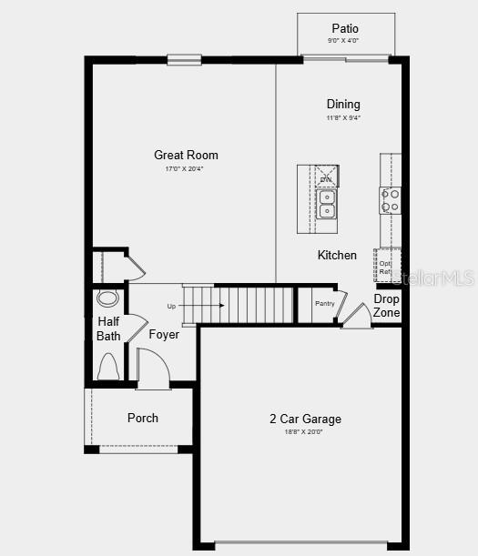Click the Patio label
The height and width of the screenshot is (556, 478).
click(345, 28)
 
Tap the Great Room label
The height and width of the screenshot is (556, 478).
click(186, 155)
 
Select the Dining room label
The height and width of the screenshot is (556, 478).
click(343, 104)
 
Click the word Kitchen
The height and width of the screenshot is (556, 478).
click(337, 255)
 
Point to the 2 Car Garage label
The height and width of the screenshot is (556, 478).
click(305, 419)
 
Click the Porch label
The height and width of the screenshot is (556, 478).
click(142, 418)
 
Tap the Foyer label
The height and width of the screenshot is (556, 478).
click(164, 334)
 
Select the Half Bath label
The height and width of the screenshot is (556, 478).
click(108, 329)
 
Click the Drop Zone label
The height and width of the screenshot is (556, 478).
click(386, 306)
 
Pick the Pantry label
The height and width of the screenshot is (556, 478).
click(325, 303)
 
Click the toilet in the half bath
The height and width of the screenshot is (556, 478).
click(107, 366)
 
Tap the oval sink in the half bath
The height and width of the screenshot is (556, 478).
click(107, 298)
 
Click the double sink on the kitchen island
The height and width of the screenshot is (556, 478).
click(326, 204)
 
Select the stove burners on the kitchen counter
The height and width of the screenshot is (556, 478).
click(391, 200)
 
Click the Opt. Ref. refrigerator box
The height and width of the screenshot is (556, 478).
click(387, 266)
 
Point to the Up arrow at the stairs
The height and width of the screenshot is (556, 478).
click(183, 306)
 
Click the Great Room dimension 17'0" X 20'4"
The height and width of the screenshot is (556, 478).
click(186, 168)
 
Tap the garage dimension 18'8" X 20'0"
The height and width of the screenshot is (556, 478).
click(305, 431)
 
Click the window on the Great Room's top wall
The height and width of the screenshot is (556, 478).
click(184, 60)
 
